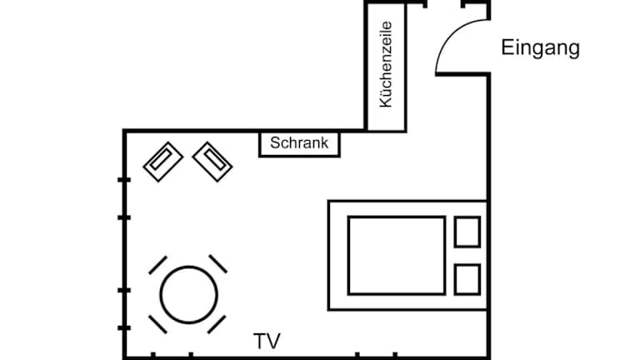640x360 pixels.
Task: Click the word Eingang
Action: coord(540,48)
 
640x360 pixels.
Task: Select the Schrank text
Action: coord(300,143)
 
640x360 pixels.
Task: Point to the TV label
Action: coord(267,341)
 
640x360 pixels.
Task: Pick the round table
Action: coord(189,294)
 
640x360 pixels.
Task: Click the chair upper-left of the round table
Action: coord(158,265)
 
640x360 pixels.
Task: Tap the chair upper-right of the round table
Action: coord(218,264)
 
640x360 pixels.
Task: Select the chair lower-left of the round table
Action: coord(157,324)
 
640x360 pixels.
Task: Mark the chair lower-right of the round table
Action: coord(218,324)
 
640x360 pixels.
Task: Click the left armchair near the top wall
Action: coord(163,160)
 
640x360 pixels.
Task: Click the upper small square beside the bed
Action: coord(467,232)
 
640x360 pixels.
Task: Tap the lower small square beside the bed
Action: coord(467,278)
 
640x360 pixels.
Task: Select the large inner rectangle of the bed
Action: coord(396,255)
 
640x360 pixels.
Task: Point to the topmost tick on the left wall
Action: coord(124,179)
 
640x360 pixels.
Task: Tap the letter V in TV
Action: coord(273,341)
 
